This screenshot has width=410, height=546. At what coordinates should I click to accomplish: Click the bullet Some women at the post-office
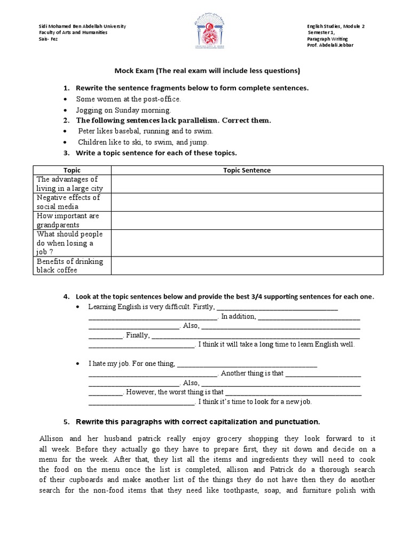(128, 99)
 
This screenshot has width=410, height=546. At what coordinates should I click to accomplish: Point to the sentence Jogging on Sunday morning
(123, 110)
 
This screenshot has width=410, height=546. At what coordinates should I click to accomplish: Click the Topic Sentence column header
(247, 170)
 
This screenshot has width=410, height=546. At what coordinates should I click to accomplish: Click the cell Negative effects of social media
(68, 202)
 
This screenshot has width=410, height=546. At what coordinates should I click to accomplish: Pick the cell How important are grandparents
(68, 220)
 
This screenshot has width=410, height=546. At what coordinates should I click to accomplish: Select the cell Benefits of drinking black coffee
(70, 266)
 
